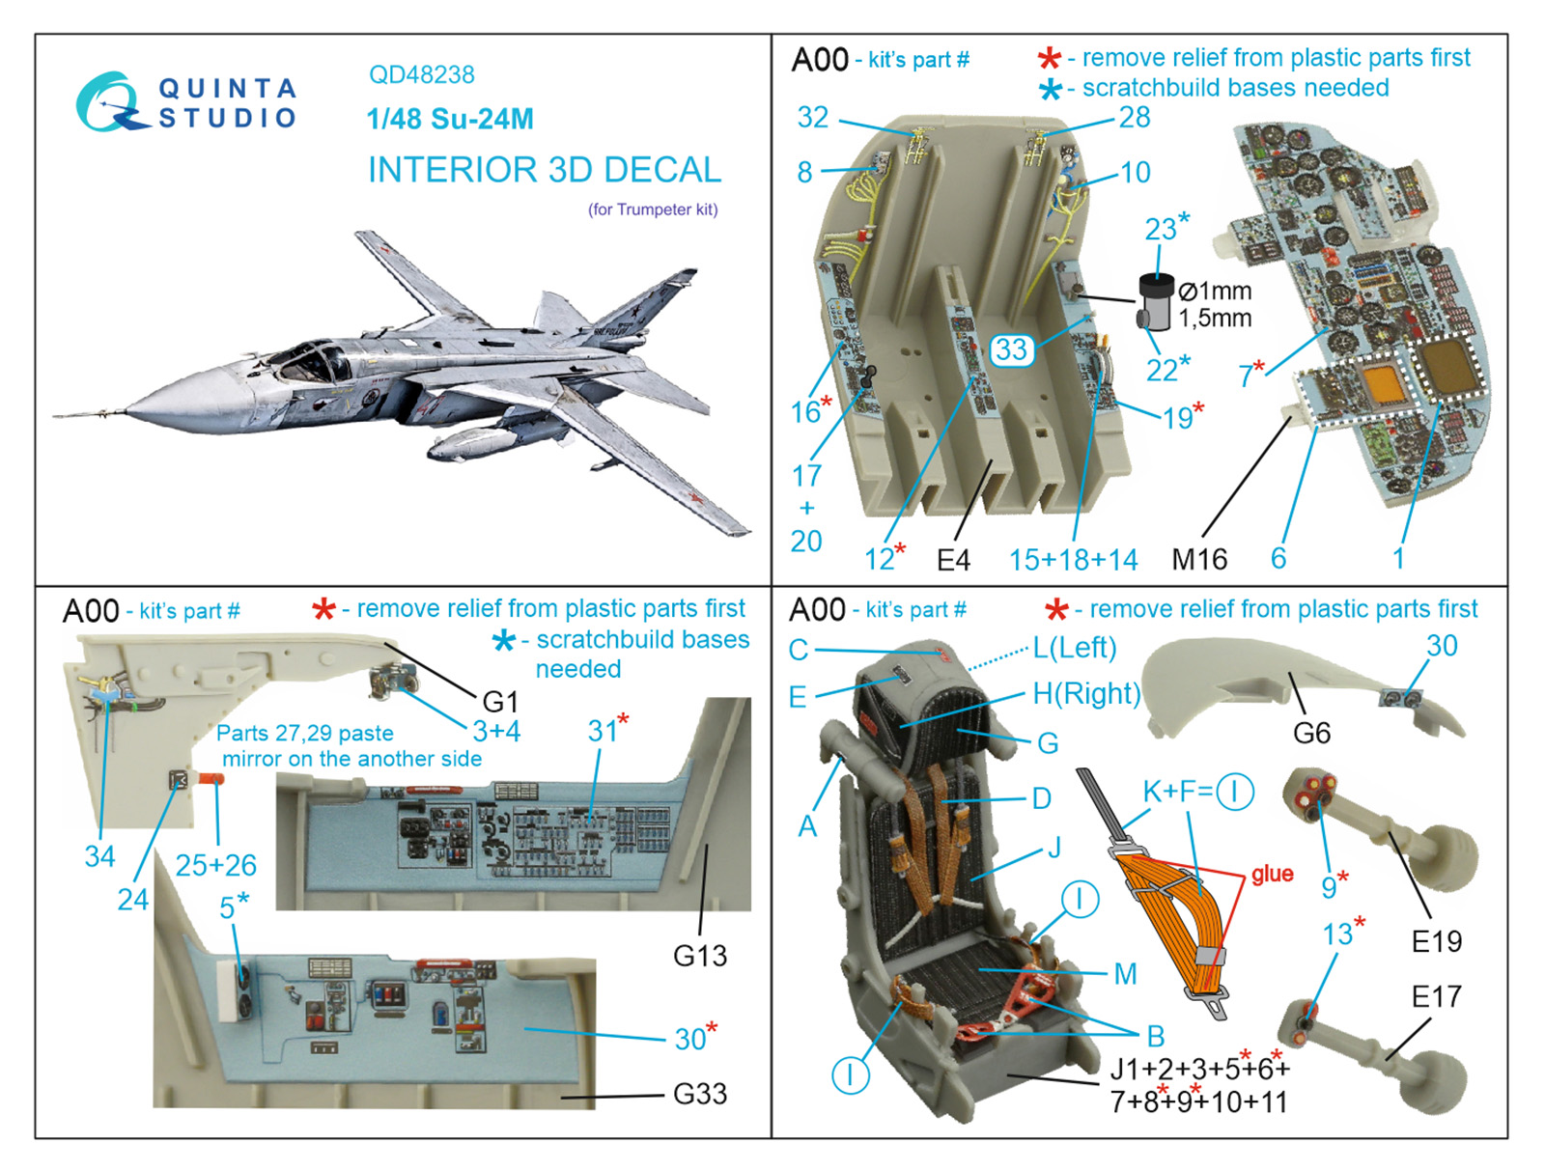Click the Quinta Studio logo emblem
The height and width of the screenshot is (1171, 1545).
click(x=109, y=102)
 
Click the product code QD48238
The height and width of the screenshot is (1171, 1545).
click(x=421, y=74)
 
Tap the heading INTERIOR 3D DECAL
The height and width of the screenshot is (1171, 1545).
click(x=544, y=170)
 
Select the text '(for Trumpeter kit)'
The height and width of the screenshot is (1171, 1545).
click(x=653, y=209)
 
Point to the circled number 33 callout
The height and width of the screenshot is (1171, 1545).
click(x=1010, y=349)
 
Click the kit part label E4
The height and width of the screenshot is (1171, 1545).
click(x=953, y=559)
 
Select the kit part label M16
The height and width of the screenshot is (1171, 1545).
click(x=1199, y=559)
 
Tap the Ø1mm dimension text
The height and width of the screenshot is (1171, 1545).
click(x=1215, y=291)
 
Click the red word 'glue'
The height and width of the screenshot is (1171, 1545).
click(x=1272, y=874)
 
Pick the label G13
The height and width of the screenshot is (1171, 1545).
click(x=700, y=956)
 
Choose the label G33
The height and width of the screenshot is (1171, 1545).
click(x=700, y=1094)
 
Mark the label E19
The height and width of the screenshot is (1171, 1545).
click(x=1436, y=941)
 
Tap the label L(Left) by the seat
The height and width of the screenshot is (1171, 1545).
click(x=1074, y=648)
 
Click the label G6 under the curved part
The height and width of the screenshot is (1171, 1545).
click(x=1311, y=734)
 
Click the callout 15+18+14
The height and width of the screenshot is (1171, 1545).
click(x=1073, y=559)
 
